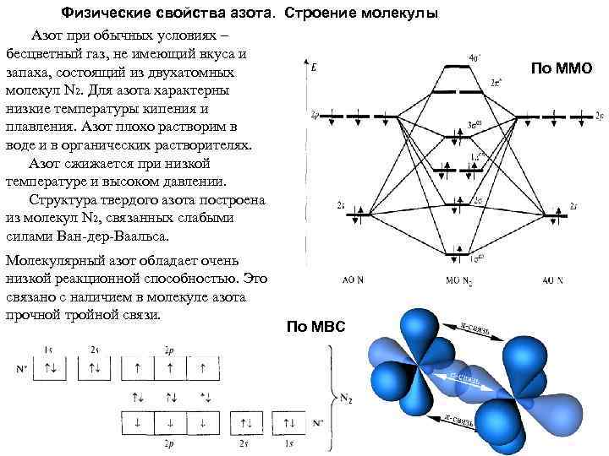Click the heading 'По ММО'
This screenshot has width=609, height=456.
(x=561, y=68)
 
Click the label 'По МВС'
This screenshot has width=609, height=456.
(x=315, y=327)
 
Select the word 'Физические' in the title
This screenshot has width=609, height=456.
(x=104, y=14)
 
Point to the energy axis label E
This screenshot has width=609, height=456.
(x=315, y=67)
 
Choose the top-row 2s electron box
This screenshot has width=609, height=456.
(x=95, y=369)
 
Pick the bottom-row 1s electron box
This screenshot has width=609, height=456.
(x=290, y=421)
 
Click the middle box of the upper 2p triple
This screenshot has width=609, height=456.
(x=172, y=369)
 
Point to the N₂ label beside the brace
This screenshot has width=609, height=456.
(x=348, y=395)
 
